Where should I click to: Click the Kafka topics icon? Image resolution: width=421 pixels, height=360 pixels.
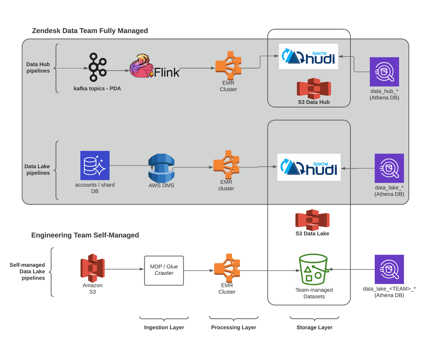point(97,67)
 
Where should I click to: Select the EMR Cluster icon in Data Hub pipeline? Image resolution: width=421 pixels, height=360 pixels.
point(228,66)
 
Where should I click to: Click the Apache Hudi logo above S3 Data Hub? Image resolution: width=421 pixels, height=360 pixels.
point(308,56)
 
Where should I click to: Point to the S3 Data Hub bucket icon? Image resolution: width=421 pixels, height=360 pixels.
point(314,88)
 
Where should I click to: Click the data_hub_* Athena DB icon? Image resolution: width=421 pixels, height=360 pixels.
point(384,72)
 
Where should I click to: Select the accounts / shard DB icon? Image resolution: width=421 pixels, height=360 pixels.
point(95,165)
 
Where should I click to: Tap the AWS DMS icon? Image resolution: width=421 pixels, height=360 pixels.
point(161,168)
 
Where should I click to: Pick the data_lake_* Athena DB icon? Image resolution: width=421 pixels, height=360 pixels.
point(389,168)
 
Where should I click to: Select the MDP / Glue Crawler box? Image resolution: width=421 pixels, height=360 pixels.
point(164,271)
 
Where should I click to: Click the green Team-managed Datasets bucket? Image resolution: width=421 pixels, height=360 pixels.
point(313,270)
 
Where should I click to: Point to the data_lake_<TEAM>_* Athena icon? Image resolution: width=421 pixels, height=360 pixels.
point(389,269)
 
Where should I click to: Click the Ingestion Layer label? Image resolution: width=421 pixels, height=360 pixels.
point(164,327)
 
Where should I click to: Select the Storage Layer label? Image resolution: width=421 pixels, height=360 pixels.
point(314,327)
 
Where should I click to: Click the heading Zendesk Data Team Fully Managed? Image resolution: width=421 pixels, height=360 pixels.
point(90,31)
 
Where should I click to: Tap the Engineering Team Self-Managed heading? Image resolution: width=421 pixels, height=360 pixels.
point(85,235)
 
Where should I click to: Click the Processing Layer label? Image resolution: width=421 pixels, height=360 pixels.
point(234,327)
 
